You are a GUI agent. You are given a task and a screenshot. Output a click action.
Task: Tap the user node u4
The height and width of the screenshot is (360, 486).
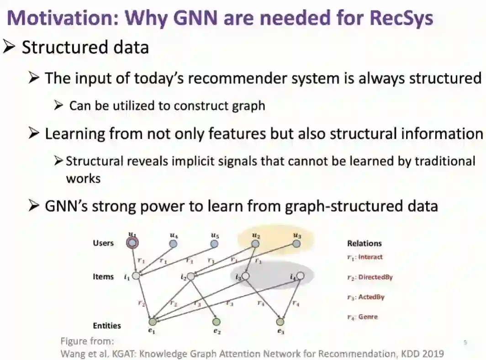click(x=173, y=244)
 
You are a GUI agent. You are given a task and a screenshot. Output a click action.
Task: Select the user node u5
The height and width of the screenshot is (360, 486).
click(x=214, y=244)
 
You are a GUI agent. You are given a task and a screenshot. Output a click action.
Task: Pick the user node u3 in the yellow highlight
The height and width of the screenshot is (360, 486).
click(x=296, y=244)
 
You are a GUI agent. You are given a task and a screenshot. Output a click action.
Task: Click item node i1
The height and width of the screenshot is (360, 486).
click(x=136, y=276)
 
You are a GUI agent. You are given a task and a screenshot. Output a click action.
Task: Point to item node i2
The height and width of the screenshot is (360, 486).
click(x=191, y=276)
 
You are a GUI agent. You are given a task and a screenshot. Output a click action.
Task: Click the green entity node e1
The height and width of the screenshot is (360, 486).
click(x=152, y=322)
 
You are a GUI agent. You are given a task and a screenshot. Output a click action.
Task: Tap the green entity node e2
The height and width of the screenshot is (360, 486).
click(x=217, y=322)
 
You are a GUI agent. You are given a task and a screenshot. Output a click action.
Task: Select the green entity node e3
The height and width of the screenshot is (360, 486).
click(x=280, y=322)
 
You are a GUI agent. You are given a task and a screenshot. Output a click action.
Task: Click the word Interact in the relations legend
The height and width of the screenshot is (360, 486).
click(x=370, y=257)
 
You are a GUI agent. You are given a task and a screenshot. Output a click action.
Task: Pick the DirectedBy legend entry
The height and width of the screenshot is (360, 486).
click(x=375, y=277)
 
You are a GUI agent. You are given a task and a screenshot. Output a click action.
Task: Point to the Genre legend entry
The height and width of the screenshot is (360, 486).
click(x=368, y=317)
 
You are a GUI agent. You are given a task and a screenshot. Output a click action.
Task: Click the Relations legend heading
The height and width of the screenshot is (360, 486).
click(x=364, y=244)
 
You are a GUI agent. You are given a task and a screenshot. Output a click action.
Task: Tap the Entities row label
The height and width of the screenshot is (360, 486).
click(x=107, y=326)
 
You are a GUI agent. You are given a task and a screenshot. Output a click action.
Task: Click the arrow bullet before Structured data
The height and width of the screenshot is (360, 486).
click(x=10, y=47)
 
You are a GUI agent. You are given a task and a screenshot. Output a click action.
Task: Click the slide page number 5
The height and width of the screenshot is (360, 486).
click(x=465, y=342)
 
